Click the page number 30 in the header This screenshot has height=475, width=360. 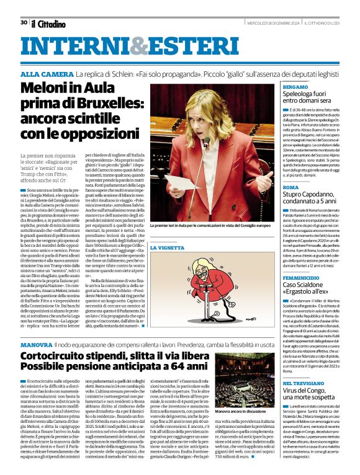pyautogui.click(x=23, y=23)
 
